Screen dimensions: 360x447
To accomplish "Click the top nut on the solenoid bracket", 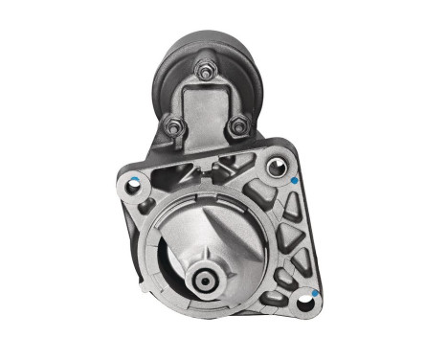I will tap(203, 70).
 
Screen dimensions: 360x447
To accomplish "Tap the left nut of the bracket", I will tap(173, 124).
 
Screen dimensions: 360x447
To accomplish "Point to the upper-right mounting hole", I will tap(276, 168).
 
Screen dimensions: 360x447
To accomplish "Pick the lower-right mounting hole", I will tap(305, 305).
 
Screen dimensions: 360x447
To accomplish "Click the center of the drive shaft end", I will tap(205, 281).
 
